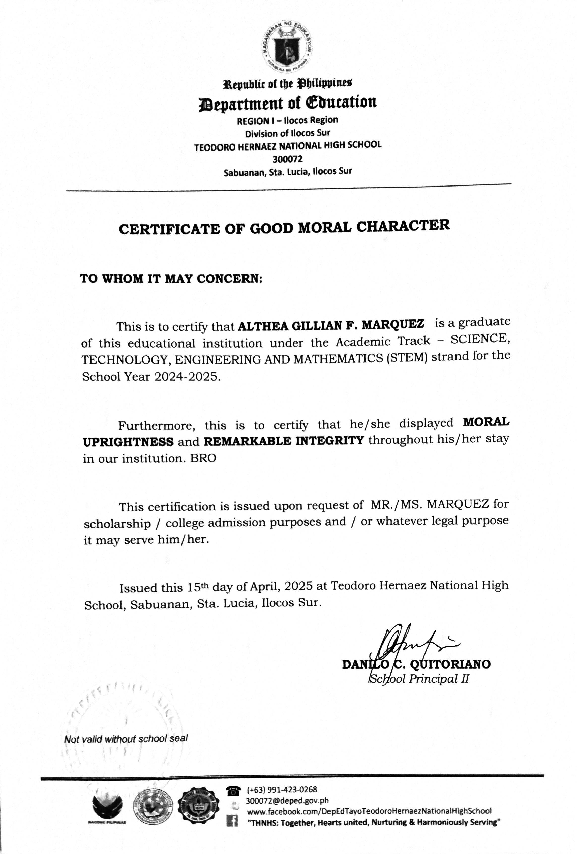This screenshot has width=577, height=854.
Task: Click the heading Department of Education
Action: pyautogui.click(x=287, y=102)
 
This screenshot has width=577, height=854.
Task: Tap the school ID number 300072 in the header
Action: pyautogui.click(x=287, y=159)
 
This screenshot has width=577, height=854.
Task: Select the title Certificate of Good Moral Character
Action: pyautogui.click(x=284, y=227)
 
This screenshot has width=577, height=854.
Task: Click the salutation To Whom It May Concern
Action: pyautogui.click(x=171, y=279)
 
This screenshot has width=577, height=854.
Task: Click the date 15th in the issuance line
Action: pyautogui.click(x=198, y=587)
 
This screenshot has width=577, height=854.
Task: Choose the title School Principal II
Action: pyautogui.click(x=419, y=679)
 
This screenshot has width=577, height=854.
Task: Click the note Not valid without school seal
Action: pyautogui.click(x=126, y=739)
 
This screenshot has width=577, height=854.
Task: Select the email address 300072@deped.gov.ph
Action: pyautogui.click(x=287, y=800)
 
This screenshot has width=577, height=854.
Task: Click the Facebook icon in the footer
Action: pyautogui.click(x=232, y=821)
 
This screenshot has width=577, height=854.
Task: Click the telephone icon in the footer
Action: pyautogui.click(x=233, y=789)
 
